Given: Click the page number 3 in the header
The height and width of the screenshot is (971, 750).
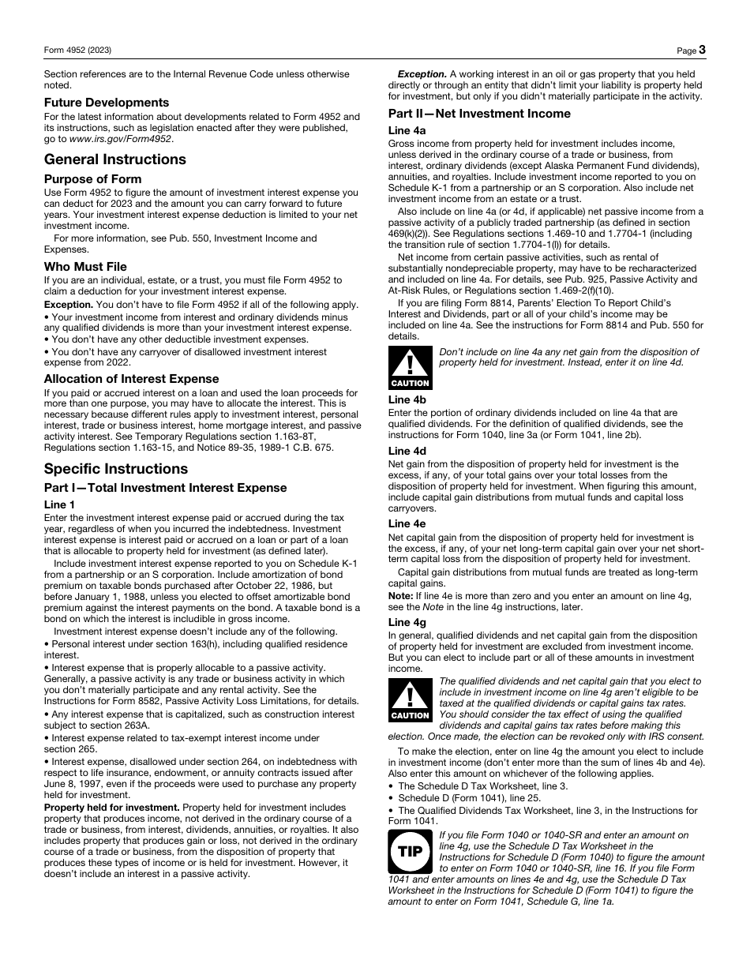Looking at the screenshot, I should tap(701, 50).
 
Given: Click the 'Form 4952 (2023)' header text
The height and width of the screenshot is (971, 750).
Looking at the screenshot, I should tap(77, 51).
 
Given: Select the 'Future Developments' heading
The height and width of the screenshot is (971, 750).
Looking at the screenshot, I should tap(107, 103).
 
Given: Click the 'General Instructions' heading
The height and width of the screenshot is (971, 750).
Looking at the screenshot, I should tap(115, 159).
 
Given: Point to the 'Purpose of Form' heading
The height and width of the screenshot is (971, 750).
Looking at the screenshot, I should tap(93, 179).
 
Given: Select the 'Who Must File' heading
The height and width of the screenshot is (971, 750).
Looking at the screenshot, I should tap(85, 267).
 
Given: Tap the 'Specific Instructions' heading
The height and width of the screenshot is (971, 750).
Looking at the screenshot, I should tap(116, 469).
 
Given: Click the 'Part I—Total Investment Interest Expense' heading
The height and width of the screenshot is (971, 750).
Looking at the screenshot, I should tap(166, 488).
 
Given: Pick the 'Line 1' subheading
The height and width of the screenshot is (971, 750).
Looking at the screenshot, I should tap(60, 504).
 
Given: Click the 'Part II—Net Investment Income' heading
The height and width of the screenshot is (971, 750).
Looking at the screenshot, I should tap(479, 114).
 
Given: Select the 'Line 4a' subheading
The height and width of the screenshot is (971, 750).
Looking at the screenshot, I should tap(407, 130).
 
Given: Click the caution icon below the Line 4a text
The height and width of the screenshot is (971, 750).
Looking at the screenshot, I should tap(410, 368).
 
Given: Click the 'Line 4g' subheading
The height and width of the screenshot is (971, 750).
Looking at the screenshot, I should tap(407, 623).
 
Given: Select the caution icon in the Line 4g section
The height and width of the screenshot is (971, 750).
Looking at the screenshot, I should tap(410, 700).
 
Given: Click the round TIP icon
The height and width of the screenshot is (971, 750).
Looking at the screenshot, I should tap(410, 852).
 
